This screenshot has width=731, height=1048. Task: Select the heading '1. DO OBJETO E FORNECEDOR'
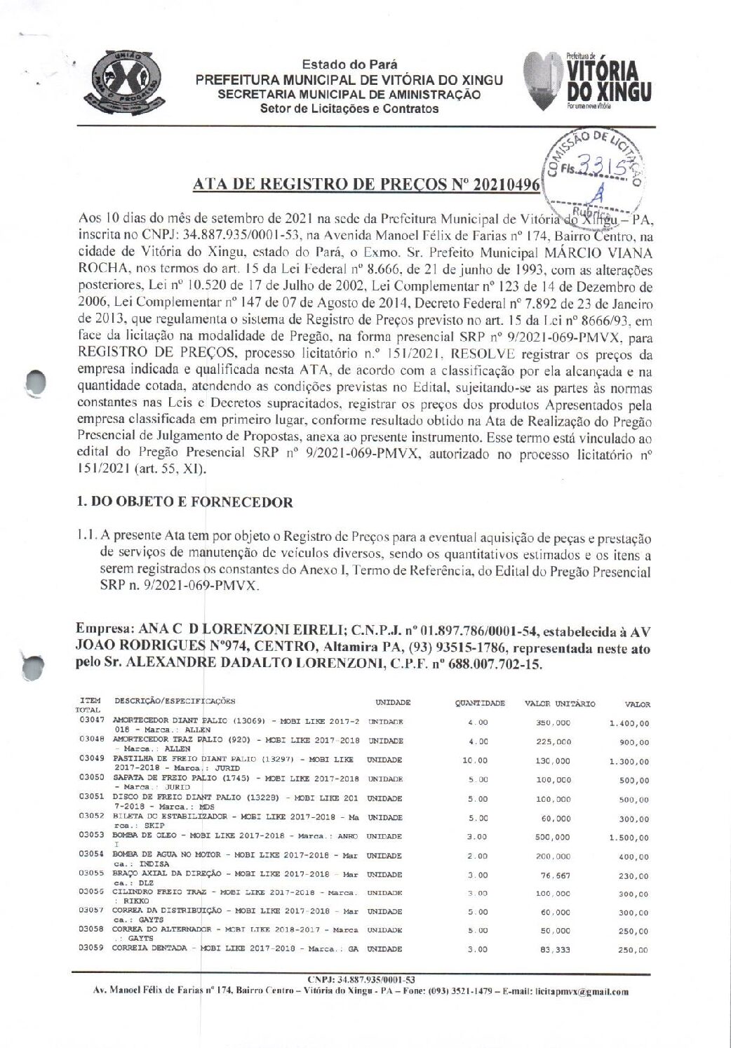point(184,502)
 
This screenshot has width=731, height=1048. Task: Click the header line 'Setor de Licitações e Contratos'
point(349,109)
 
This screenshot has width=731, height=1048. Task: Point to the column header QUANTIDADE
point(479,703)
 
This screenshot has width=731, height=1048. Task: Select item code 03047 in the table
point(92,721)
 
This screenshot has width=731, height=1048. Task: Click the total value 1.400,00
point(629,723)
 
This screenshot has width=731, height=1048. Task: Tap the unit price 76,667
point(558,875)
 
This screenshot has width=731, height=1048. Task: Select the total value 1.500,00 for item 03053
point(629,838)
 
